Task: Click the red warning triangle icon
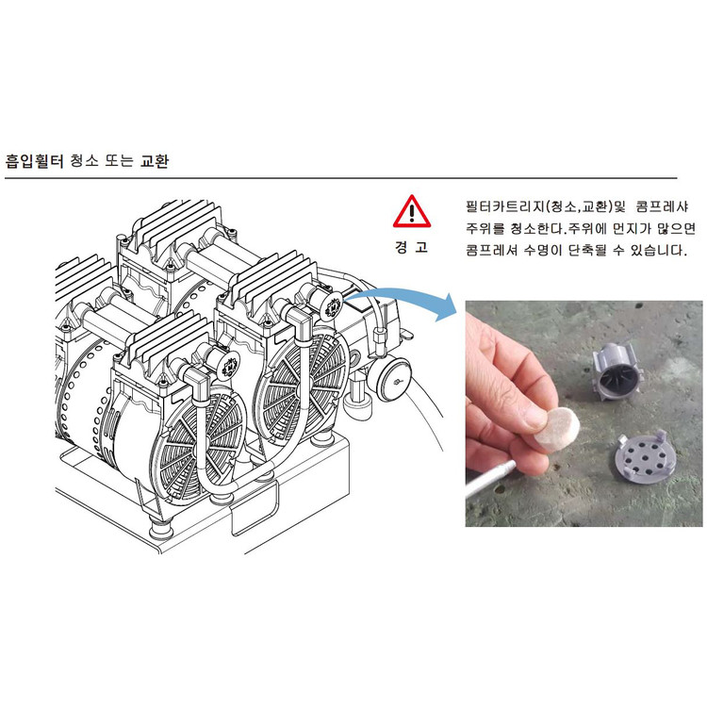click(x=411, y=212)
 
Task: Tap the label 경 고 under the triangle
click(x=411, y=247)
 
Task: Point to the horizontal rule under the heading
click(x=339, y=177)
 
